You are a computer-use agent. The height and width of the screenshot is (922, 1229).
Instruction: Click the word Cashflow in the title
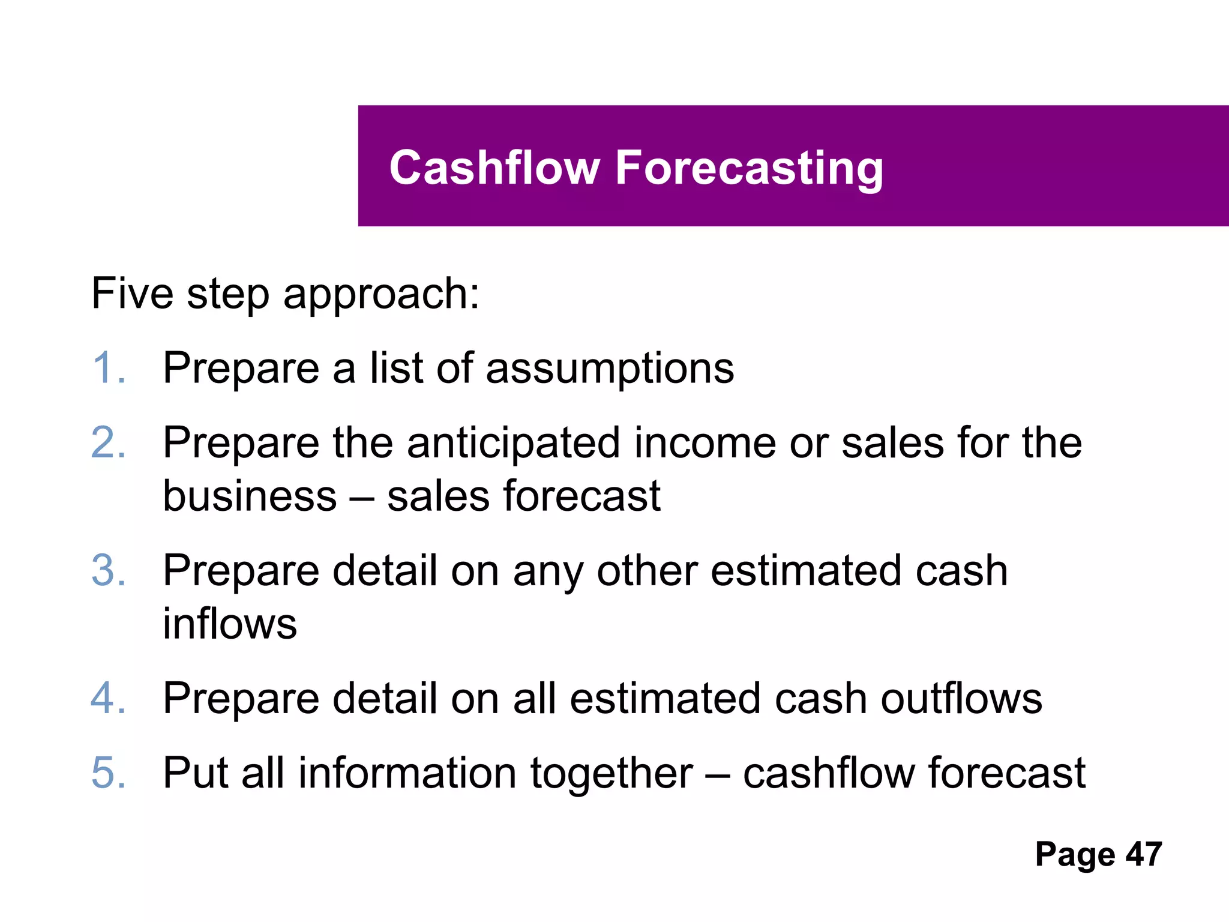click(494, 167)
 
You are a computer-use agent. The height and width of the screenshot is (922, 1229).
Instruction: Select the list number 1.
click(108, 367)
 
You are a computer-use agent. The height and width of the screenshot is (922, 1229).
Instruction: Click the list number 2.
click(108, 442)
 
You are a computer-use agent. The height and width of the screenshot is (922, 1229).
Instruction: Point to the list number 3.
click(108, 570)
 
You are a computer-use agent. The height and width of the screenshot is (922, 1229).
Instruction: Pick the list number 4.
click(108, 698)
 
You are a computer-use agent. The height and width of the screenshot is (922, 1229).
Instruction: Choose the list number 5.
click(108, 773)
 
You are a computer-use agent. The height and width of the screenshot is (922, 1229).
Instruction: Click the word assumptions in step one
click(610, 369)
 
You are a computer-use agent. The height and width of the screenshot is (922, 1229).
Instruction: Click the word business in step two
click(250, 496)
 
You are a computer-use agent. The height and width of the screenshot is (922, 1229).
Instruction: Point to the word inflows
click(230, 624)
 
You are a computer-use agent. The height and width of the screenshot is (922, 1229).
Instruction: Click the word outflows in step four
click(961, 698)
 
